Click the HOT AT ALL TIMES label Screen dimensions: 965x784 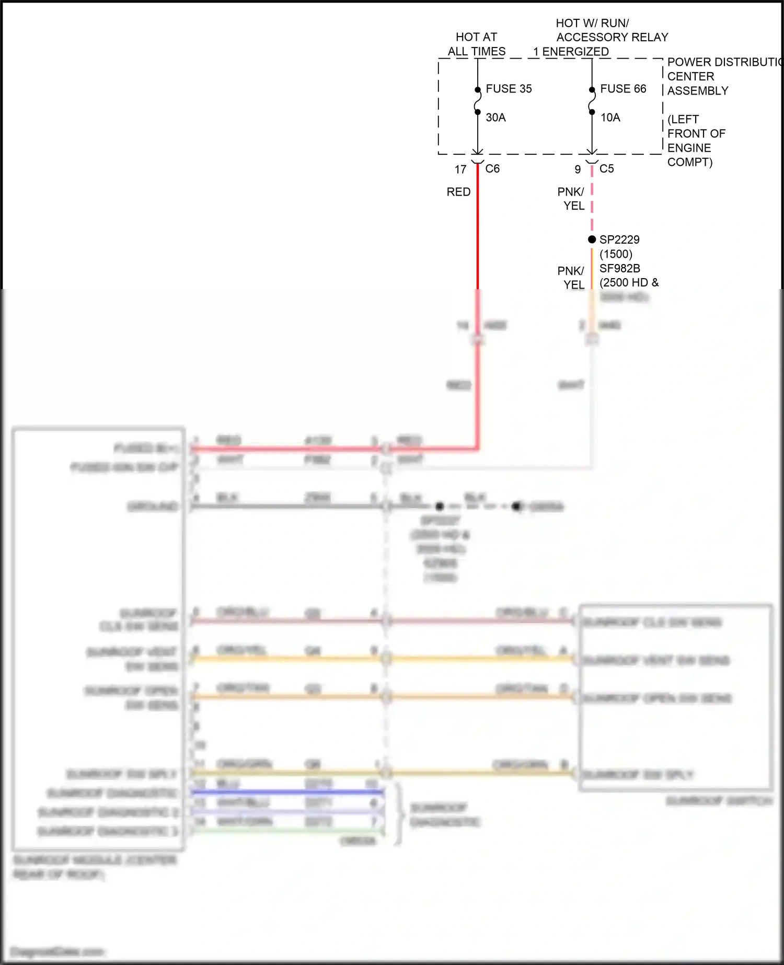(x=476, y=44)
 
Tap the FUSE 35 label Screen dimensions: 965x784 (x=509, y=89)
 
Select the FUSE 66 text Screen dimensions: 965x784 (x=623, y=89)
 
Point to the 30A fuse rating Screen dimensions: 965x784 (x=495, y=118)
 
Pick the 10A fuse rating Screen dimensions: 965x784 (x=610, y=118)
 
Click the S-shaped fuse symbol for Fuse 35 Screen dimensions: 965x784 (x=477, y=100)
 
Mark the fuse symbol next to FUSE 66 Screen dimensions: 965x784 (x=592, y=100)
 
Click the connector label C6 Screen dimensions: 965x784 (x=492, y=169)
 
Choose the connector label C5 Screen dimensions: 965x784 (x=607, y=169)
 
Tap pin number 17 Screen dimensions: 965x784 (x=460, y=169)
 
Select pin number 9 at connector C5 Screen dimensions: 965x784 (x=578, y=169)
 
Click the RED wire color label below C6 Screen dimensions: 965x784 (x=458, y=192)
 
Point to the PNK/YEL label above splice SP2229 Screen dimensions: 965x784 (x=571, y=199)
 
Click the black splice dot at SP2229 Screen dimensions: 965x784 (x=592, y=239)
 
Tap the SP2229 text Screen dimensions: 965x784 (x=619, y=239)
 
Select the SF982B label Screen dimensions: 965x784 (x=619, y=268)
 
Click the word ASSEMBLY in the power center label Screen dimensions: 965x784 (x=698, y=91)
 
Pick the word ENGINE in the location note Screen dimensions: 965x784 (x=689, y=148)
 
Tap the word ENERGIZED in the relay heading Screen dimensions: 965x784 (x=575, y=52)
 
